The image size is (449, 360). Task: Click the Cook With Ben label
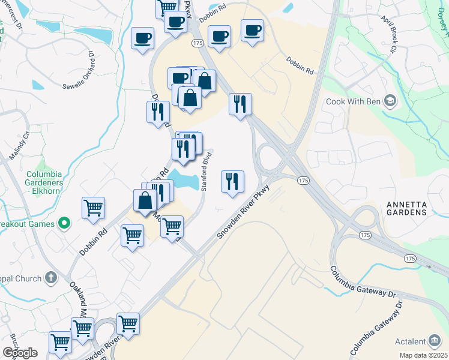tap(353, 101)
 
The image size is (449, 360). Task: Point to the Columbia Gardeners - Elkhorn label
tap(44, 178)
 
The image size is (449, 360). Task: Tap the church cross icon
tap(51, 278)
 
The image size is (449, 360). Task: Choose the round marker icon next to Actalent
tap(433, 340)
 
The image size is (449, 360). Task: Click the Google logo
tap(20, 353)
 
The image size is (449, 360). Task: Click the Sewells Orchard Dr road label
tap(80, 70)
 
